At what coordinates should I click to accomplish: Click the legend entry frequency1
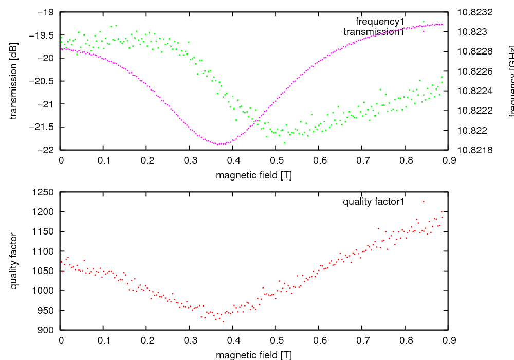[380, 22]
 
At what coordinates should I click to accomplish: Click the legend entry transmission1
[374, 32]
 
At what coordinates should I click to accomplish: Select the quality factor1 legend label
[374, 202]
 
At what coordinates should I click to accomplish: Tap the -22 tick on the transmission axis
[47, 150]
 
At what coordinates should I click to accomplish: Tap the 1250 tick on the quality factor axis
[45, 192]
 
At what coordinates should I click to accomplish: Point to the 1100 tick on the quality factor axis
[45, 251]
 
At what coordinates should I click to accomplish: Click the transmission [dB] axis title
[14, 81]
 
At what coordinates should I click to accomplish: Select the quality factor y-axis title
[14, 261]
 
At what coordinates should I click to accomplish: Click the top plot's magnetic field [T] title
[254, 175]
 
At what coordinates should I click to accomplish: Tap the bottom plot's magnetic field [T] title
[254, 355]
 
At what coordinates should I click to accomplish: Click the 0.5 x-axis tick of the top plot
[276, 160]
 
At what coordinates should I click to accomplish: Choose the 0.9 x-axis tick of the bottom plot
[448, 340]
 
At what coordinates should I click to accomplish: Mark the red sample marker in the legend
[424, 202]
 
